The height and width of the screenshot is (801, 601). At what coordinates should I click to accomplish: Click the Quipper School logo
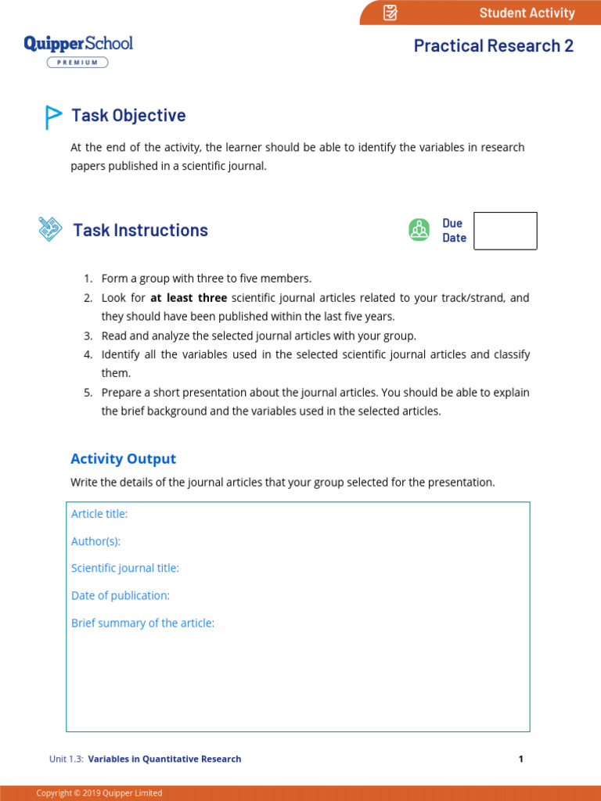(x=78, y=43)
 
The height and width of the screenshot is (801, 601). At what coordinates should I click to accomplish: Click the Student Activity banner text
(x=527, y=13)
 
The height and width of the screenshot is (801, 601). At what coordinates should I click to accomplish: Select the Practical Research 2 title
(x=493, y=45)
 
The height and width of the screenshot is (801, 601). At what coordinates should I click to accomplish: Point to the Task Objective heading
(x=128, y=116)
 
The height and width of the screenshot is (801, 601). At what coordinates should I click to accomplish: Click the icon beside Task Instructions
(x=50, y=229)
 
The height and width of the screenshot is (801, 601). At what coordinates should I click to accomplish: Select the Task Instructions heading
(x=140, y=230)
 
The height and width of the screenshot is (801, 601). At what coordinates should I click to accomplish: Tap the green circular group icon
(x=419, y=230)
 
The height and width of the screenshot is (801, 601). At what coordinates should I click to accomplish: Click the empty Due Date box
(x=506, y=231)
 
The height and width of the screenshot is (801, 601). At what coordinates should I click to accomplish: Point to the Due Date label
(x=454, y=231)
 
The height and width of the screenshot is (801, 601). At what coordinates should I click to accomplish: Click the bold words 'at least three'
(x=189, y=298)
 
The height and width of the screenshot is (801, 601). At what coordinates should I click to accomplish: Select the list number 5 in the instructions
(x=88, y=393)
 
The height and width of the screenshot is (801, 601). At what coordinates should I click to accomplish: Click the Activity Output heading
(x=123, y=459)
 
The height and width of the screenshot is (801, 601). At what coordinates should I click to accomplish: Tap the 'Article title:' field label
(x=99, y=514)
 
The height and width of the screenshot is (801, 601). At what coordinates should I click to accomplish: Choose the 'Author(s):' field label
(x=95, y=541)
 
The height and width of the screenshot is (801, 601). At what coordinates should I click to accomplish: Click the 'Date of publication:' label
(x=121, y=595)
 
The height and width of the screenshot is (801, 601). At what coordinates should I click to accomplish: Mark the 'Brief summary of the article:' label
(x=142, y=623)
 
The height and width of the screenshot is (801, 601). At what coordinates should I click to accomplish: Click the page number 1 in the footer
(x=520, y=759)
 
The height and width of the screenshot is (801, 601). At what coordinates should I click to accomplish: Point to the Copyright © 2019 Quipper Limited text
(x=99, y=793)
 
